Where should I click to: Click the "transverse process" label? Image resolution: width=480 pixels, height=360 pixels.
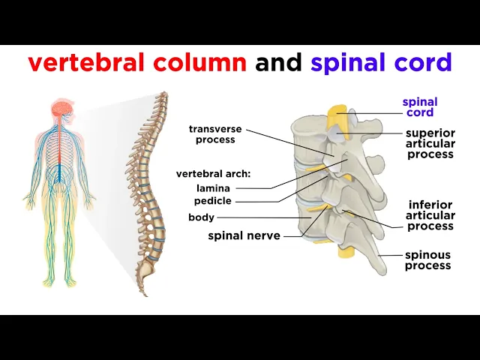click(x=215, y=134)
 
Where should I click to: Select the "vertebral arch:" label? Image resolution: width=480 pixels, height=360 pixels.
click(x=213, y=174)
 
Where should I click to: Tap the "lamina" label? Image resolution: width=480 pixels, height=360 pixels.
click(x=213, y=188)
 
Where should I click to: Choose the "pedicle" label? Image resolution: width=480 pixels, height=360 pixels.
click(x=213, y=201)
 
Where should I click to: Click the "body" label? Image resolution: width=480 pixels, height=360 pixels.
click(x=201, y=217)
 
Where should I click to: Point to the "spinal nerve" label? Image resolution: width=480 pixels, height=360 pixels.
click(x=244, y=235)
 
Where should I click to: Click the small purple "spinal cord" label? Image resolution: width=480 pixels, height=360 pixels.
click(x=420, y=107)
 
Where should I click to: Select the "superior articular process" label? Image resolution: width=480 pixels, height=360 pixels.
click(x=430, y=144)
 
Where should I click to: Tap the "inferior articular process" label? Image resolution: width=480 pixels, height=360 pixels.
click(x=430, y=215)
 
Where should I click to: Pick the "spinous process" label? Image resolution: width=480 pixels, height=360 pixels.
click(x=428, y=260)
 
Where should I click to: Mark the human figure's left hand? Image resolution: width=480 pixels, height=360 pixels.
click(x=90, y=203)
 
